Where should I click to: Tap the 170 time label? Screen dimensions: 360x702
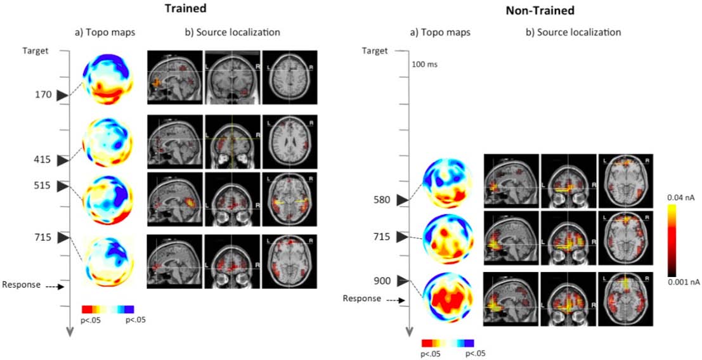43,95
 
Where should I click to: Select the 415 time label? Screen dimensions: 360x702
43,161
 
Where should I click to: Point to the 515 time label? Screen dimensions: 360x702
43,186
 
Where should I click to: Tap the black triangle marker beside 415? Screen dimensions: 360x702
62,161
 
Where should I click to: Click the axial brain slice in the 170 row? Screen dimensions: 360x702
286,77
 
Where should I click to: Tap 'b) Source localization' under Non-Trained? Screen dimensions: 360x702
573,32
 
